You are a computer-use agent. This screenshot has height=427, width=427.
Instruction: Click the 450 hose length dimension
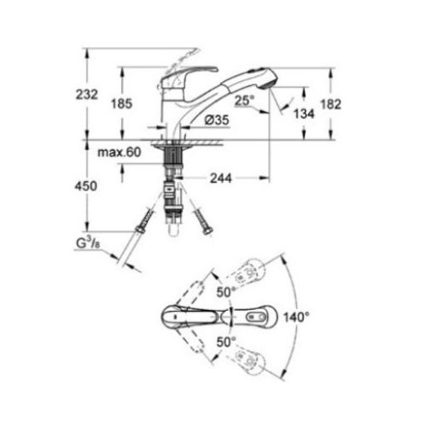click(100, 184)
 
